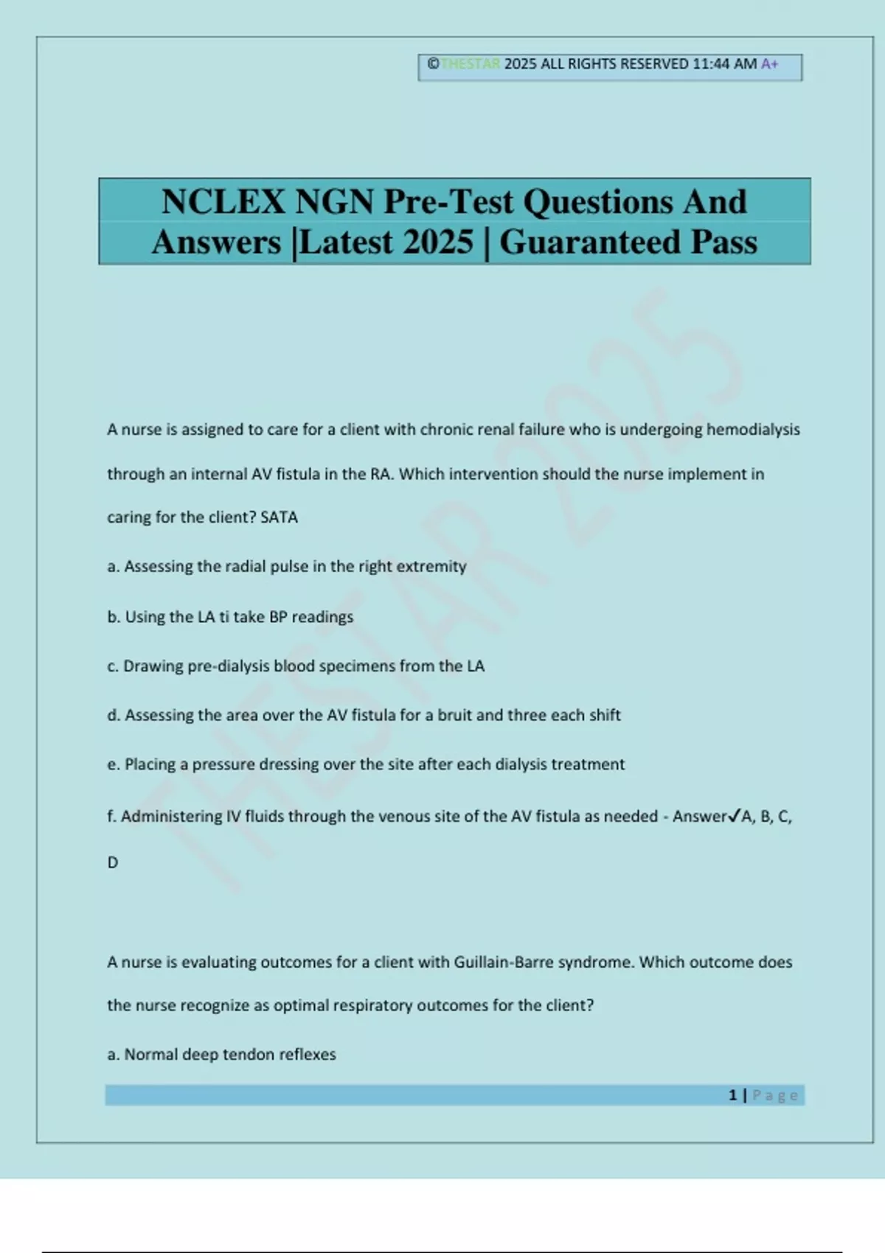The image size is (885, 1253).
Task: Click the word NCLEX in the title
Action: coord(223,202)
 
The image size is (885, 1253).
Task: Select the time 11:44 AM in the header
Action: coord(724,64)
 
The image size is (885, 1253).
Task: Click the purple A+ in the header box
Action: coord(769,64)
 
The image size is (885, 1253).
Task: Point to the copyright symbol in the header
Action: coord(433,64)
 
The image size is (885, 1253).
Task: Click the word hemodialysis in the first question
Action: coord(753,430)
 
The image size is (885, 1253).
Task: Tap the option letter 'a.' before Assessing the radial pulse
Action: coord(114,567)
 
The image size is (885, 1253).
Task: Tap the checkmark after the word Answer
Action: coord(734,816)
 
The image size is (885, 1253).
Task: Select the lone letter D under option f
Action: coord(113,862)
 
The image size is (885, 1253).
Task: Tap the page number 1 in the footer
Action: coord(732,1095)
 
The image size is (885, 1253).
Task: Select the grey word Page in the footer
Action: coord(775,1096)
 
